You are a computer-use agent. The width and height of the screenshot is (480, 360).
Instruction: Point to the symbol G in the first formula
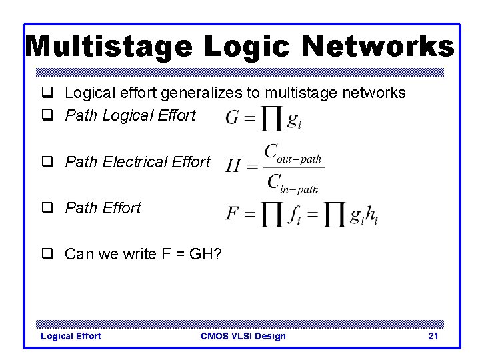click(233, 119)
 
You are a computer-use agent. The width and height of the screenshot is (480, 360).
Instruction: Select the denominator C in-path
click(293, 182)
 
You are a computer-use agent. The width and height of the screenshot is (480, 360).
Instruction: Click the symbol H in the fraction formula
click(233, 166)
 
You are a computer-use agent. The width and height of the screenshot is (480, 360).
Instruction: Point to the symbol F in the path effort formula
click(232, 214)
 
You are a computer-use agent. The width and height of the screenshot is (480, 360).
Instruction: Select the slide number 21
click(433, 336)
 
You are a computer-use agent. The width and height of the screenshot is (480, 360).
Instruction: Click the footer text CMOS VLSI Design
click(243, 336)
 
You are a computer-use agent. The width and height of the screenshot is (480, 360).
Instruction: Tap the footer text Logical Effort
click(71, 336)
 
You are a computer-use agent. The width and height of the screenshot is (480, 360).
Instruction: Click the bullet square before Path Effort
click(47, 208)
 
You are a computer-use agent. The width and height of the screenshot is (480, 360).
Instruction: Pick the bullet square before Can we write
click(47, 254)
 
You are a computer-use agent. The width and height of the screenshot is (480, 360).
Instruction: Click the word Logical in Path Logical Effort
click(125, 115)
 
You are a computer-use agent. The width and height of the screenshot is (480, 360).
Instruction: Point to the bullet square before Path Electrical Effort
click(47, 162)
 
